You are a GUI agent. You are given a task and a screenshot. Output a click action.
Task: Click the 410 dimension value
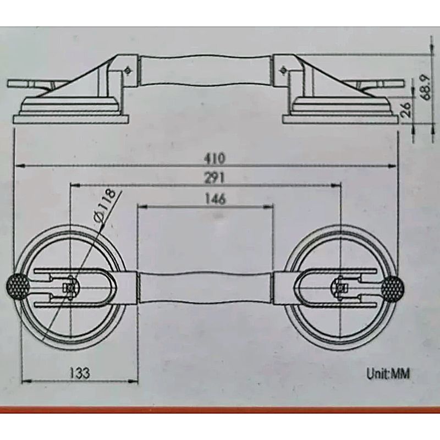[215, 158]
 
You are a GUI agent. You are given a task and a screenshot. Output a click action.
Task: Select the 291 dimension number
[215, 178]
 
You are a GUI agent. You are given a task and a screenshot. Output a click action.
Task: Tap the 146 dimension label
[215, 199]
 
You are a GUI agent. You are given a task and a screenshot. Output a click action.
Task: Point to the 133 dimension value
[80, 373]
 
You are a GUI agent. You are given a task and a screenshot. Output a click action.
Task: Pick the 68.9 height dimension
[426, 87]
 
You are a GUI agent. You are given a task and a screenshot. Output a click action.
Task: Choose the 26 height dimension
[406, 109]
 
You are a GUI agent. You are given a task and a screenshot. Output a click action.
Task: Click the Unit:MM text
[388, 374]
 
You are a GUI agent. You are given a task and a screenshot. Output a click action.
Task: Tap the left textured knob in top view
[18, 286]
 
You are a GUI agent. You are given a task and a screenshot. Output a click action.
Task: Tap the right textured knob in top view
[393, 288]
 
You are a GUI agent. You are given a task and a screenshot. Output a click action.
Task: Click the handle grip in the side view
[206, 71]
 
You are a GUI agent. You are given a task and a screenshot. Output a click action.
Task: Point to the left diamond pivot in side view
[129, 70]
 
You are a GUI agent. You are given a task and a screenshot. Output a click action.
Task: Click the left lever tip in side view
[8, 84]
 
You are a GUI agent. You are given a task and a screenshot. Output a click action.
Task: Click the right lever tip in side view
[403, 84]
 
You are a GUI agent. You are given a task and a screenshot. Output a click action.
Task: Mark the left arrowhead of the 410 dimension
[20, 166]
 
